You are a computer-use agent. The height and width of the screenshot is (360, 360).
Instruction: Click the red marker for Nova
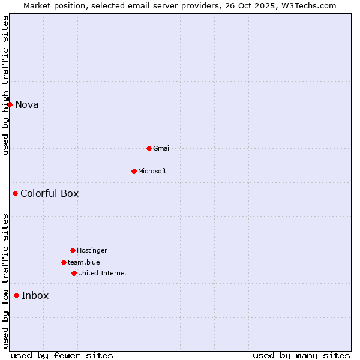[10, 104]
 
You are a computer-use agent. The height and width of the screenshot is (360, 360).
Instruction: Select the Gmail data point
[149, 148]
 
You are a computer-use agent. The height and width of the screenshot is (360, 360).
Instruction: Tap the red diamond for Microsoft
[134, 171]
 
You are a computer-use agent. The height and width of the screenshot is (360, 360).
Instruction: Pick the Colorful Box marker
[15, 193]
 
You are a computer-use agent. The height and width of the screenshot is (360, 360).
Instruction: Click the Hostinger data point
[73, 250]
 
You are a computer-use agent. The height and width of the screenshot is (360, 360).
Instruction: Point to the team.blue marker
[64, 262]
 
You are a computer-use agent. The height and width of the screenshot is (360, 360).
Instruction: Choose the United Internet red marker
[74, 273]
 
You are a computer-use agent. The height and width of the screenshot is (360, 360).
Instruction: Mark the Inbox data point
[16, 295]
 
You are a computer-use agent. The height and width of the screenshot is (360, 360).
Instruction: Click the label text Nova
[27, 104]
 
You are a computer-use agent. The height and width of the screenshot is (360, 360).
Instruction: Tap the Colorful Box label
[50, 193]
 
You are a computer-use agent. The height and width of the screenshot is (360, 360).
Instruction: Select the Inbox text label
[35, 295]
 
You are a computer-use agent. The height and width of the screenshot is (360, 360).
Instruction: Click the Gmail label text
[162, 148]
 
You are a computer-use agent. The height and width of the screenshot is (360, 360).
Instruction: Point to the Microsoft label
[152, 171]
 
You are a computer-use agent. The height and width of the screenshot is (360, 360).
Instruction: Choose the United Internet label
[103, 273]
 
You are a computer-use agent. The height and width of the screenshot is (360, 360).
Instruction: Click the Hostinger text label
[92, 250]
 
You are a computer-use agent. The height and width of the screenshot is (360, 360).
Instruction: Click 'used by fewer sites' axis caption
[62, 355]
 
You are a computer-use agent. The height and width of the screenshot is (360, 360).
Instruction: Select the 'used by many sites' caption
[301, 355]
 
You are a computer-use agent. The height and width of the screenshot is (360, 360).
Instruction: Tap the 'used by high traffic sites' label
[5, 86]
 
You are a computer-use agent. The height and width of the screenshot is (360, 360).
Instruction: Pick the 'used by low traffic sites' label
[5, 281]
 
